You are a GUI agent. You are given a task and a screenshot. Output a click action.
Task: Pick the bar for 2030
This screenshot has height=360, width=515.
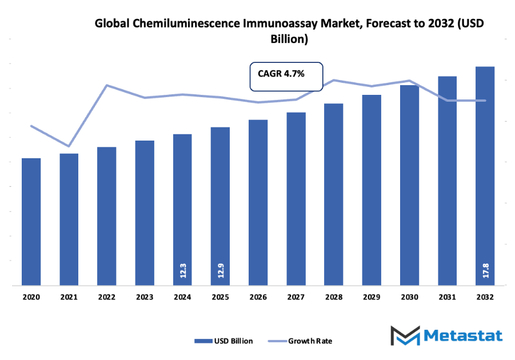click(409, 185)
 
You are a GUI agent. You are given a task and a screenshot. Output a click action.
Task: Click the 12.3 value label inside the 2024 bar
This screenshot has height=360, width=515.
click(182, 270)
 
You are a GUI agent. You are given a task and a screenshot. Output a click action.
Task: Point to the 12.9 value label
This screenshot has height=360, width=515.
click(220, 270)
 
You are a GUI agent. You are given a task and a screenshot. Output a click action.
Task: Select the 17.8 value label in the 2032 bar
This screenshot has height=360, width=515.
click(485, 270)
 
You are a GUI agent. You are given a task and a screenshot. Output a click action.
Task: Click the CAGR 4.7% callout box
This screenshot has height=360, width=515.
click(286, 77)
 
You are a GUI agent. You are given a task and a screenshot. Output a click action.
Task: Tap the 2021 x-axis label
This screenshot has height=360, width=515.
click(69, 297)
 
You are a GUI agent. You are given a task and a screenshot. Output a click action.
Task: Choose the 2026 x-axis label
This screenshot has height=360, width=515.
click(258, 297)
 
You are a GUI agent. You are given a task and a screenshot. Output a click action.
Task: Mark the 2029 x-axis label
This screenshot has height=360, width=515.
click(372, 297)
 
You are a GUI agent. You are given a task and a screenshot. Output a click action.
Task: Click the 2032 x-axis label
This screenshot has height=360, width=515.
click(485, 297)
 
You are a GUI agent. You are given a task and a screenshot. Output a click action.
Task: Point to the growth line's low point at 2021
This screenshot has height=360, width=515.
click(69, 146)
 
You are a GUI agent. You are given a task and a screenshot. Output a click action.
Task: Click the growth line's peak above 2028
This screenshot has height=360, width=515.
click(334, 80)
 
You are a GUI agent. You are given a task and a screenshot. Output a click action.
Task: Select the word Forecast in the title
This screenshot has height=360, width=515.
click(373, 23)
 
